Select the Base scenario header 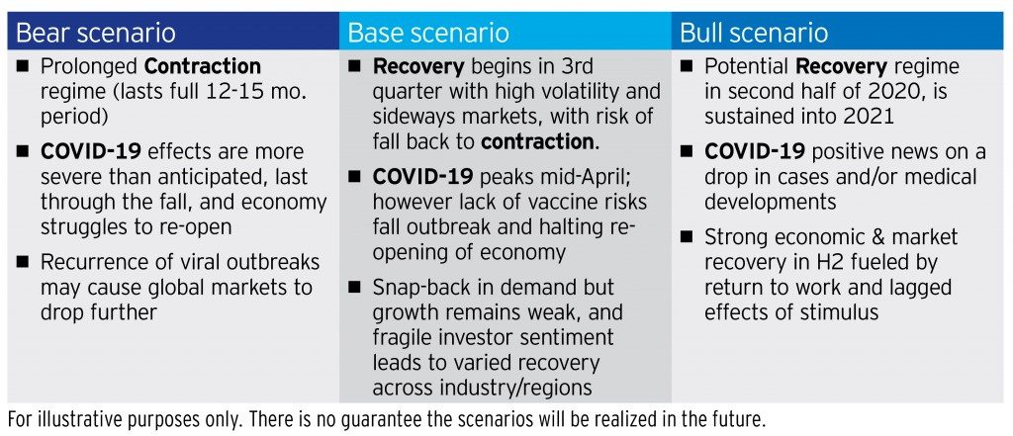[x=427, y=32]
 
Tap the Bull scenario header [x=754, y=32]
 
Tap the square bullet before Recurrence [x=24, y=263]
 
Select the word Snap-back [x=420, y=287]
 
